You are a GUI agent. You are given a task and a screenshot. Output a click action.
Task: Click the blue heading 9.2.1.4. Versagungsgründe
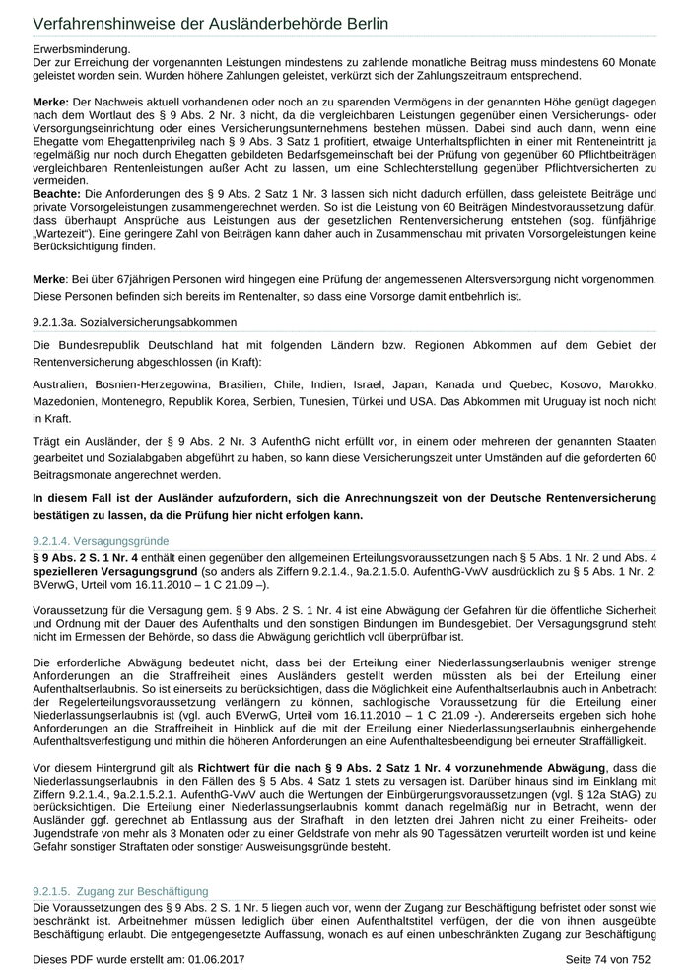(x=102, y=541)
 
